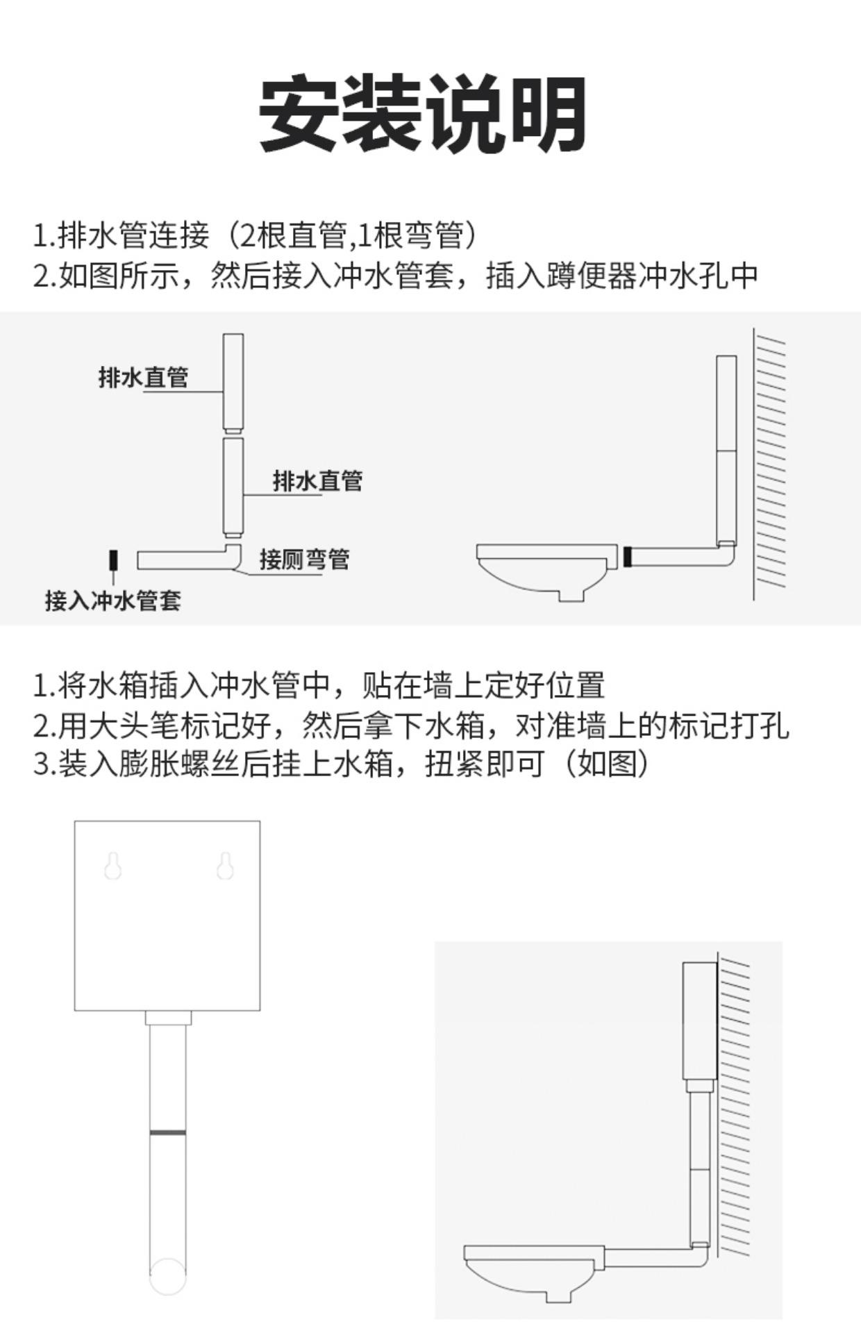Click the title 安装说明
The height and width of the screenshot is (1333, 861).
(x=422, y=115)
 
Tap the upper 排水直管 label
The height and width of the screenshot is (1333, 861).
(x=143, y=378)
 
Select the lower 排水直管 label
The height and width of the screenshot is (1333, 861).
(x=317, y=480)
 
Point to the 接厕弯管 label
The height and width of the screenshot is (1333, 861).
(x=304, y=559)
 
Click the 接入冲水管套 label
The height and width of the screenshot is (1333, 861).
(x=113, y=601)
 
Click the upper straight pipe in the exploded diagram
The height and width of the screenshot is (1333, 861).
(x=233, y=382)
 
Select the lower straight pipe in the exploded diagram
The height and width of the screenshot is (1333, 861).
(x=233, y=486)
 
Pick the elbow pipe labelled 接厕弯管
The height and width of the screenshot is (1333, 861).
(x=187, y=560)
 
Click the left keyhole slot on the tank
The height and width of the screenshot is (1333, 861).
(x=113, y=866)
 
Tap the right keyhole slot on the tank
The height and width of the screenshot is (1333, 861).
(x=224, y=866)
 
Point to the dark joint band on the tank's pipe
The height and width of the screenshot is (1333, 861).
(x=167, y=1133)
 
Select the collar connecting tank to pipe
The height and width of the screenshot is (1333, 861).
(x=167, y=1018)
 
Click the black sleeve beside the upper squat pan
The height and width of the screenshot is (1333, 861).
(x=627, y=557)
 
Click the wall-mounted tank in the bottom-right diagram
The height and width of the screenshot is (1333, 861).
(x=699, y=1019)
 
